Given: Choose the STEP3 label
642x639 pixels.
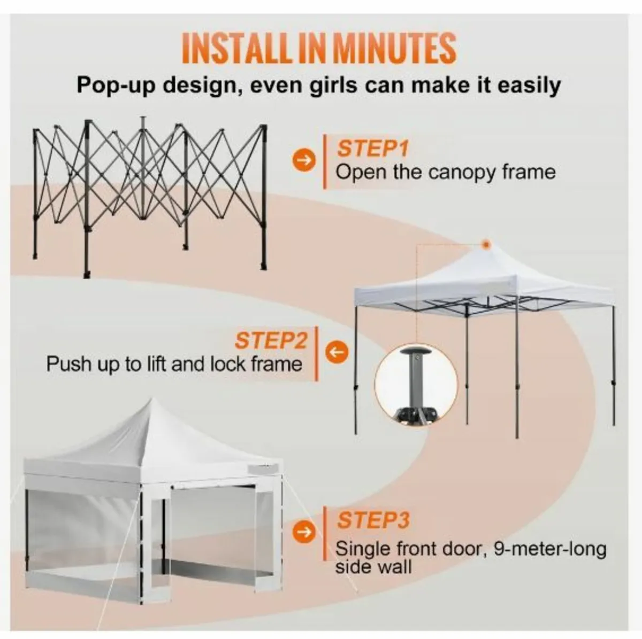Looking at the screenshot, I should click(373, 520).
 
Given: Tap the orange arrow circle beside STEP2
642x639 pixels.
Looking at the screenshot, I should click(338, 353).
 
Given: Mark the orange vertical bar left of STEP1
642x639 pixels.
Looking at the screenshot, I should click(325, 160).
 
